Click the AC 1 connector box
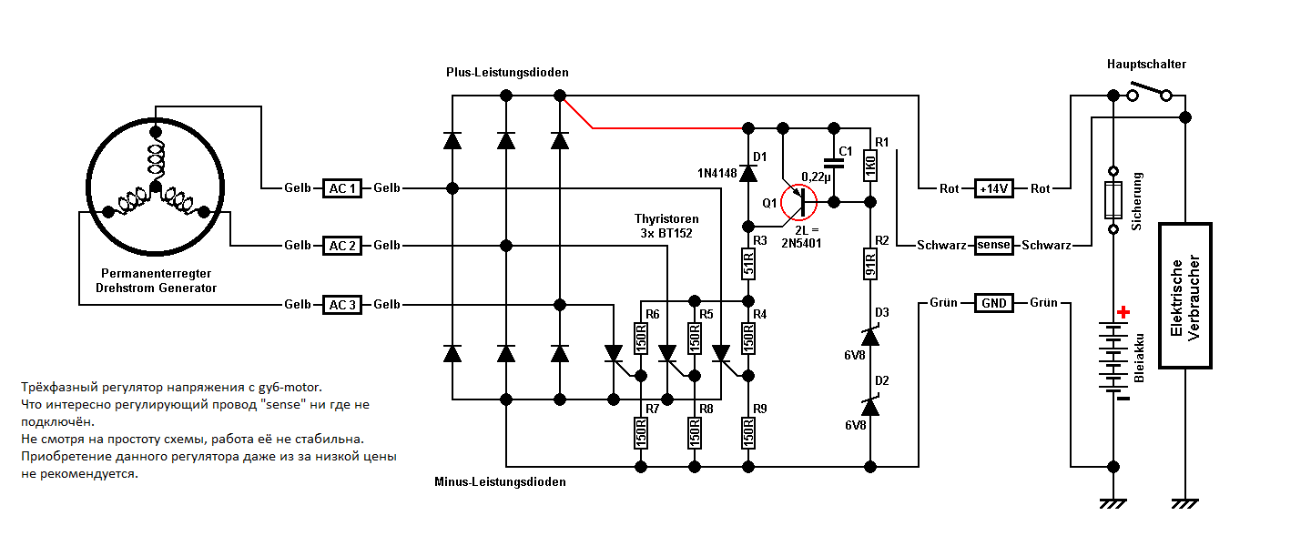click(342, 188)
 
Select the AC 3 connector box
click(342, 304)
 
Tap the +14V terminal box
click(993, 188)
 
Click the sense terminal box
click(993, 246)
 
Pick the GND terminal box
click(993, 302)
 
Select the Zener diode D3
click(869, 336)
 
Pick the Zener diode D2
click(869, 402)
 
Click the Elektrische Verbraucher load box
click(1184, 296)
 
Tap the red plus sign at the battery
click(1123, 312)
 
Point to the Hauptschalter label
click(1146, 64)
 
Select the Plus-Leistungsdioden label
click(507, 72)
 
